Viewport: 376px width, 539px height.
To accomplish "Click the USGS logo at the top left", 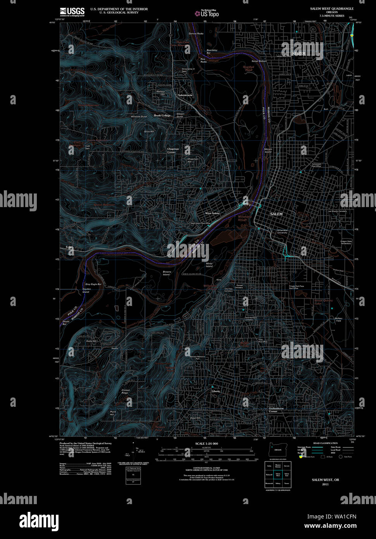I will tap(72, 11).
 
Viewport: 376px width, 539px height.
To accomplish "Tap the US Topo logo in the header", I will tap(207, 14).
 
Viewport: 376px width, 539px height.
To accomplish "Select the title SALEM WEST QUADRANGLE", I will tap(331, 9).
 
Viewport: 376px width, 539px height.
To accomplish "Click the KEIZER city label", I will tap(299, 53).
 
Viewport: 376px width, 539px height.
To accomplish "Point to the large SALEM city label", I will tap(276, 214).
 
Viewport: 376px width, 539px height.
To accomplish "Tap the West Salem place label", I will tap(212, 213).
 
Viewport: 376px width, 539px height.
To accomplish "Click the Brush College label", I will tap(162, 116).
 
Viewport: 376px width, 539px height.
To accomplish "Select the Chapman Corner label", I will tap(173, 150).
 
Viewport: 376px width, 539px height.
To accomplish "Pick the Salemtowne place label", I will tap(185, 95).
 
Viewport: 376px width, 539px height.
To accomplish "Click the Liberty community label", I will tap(216, 391).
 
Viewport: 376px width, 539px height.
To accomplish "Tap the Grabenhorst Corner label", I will tap(276, 410).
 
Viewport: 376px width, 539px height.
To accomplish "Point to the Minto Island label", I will tap(209, 265).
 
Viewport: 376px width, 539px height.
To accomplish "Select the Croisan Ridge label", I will tap(125, 392).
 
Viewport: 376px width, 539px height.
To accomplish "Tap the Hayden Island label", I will tap(86, 290).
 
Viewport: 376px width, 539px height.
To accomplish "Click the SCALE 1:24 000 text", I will tap(207, 444).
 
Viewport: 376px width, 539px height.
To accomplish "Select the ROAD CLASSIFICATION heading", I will tap(325, 443).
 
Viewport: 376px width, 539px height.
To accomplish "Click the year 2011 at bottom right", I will tap(325, 484).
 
